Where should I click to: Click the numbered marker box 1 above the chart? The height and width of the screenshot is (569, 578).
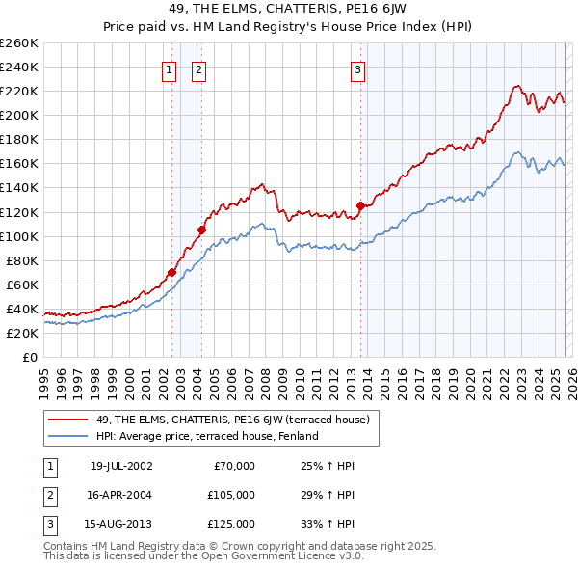click(170, 68)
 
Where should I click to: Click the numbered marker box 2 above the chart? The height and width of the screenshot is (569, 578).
click(198, 68)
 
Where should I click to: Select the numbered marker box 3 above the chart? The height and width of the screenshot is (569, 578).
click(357, 68)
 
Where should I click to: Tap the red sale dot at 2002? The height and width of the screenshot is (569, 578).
click(171, 272)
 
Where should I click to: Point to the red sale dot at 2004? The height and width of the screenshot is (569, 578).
click(201, 230)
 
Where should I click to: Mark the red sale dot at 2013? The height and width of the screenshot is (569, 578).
click(360, 205)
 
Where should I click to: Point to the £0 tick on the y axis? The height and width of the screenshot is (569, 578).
click(29, 357)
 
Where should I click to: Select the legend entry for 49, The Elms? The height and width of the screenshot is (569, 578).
click(226, 420)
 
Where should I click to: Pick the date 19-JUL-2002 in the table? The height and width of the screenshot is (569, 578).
click(121, 466)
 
